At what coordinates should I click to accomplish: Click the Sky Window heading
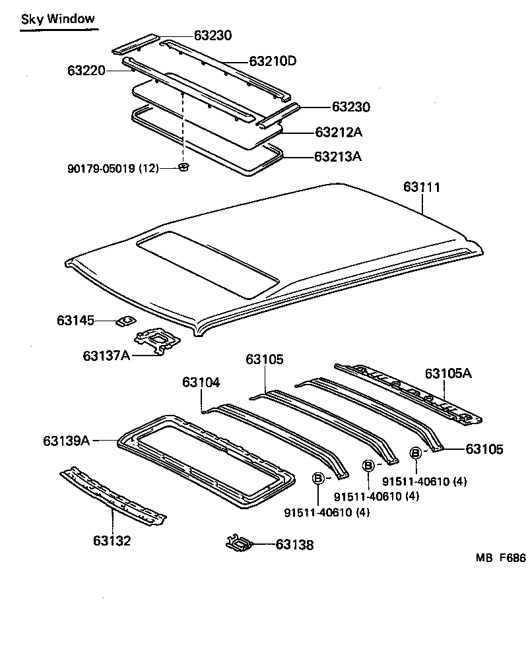(x=57, y=19)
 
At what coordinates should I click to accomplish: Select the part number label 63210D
(x=273, y=61)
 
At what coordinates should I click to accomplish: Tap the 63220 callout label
(x=86, y=69)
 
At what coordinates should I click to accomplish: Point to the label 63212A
(x=339, y=132)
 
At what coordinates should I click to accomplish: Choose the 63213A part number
(x=339, y=156)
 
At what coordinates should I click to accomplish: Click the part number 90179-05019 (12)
(x=113, y=168)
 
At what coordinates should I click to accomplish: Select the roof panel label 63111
(x=422, y=187)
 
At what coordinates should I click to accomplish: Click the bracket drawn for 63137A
(x=157, y=341)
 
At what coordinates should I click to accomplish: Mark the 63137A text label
(x=106, y=356)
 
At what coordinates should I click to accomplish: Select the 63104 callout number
(x=201, y=383)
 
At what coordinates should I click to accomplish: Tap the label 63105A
(x=448, y=373)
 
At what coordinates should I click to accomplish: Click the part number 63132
(x=112, y=541)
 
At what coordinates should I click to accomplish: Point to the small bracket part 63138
(x=238, y=544)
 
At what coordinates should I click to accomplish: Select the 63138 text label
(x=294, y=545)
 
